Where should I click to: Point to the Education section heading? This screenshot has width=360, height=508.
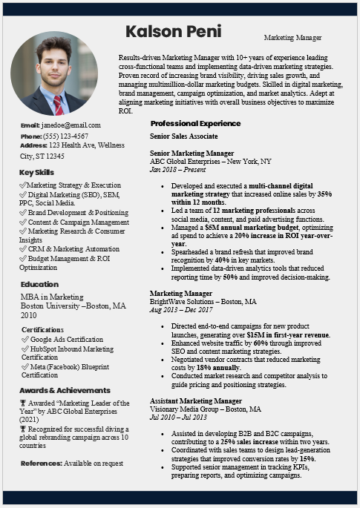point(39,284)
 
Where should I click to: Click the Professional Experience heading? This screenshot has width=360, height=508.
point(195,123)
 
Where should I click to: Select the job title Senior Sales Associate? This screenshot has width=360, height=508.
point(183,136)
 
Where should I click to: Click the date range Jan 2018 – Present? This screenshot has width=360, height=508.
point(179,169)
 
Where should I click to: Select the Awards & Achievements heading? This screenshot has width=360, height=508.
point(65,390)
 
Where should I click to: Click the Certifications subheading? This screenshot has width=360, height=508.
point(42,329)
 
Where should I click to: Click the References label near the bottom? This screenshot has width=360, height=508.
point(40,463)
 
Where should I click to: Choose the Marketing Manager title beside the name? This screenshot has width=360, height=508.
point(292,37)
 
